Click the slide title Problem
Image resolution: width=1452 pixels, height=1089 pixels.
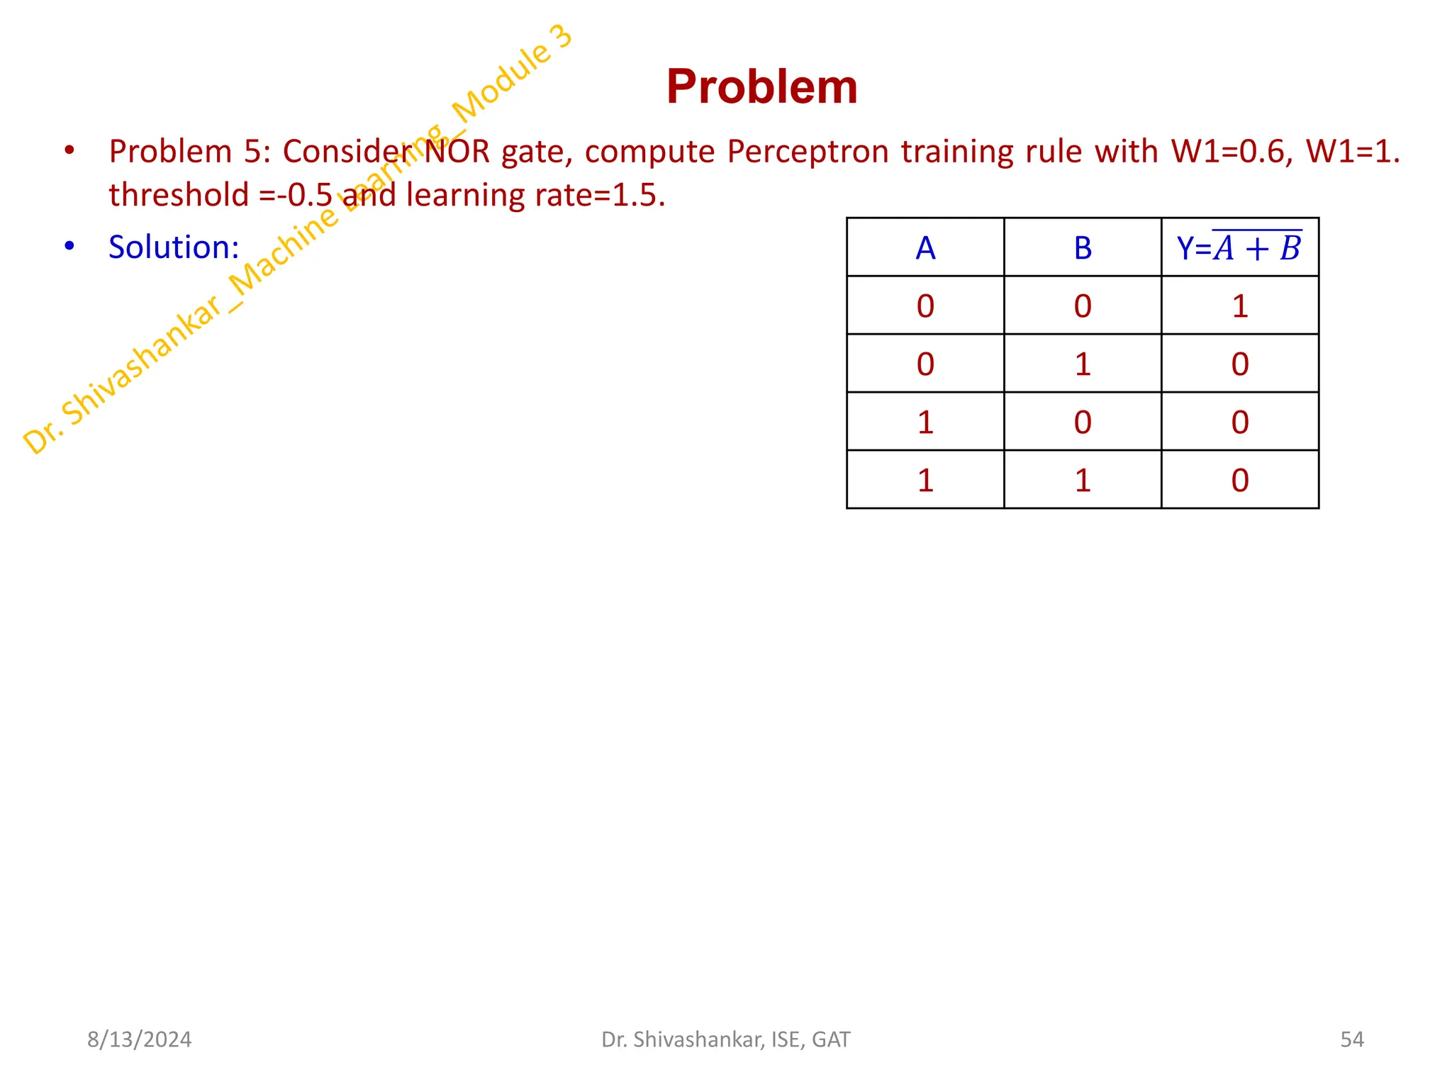(x=761, y=87)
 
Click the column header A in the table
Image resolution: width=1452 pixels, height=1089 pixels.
(x=925, y=248)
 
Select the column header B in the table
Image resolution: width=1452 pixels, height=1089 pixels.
(x=1083, y=248)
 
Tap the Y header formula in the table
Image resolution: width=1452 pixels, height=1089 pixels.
(x=1239, y=248)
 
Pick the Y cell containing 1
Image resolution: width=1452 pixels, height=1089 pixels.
(x=1239, y=306)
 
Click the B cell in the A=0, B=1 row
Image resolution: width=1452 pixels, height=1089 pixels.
(x=1083, y=364)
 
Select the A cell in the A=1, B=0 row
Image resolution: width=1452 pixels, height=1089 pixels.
(x=925, y=423)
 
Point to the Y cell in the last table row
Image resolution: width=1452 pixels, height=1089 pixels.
(x=1239, y=481)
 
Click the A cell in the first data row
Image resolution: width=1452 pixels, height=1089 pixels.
(x=925, y=306)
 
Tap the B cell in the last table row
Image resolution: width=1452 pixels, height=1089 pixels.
(x=1083, y=481)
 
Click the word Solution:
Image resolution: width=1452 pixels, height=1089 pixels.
(x=174, y=247)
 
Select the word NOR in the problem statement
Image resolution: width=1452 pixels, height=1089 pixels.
(x=457, y=152)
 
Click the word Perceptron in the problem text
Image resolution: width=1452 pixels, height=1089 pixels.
(x=808, y=152)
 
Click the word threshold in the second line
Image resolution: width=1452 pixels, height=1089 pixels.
(x=179, y=195)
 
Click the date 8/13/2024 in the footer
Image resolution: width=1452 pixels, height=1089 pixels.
(x=139, y=1039)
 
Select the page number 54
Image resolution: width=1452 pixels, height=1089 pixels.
(x=1352, y=1039)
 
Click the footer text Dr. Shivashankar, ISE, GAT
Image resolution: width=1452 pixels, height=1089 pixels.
(x=725, y=1039)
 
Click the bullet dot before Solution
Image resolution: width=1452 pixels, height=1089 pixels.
(x=69, y=246)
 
